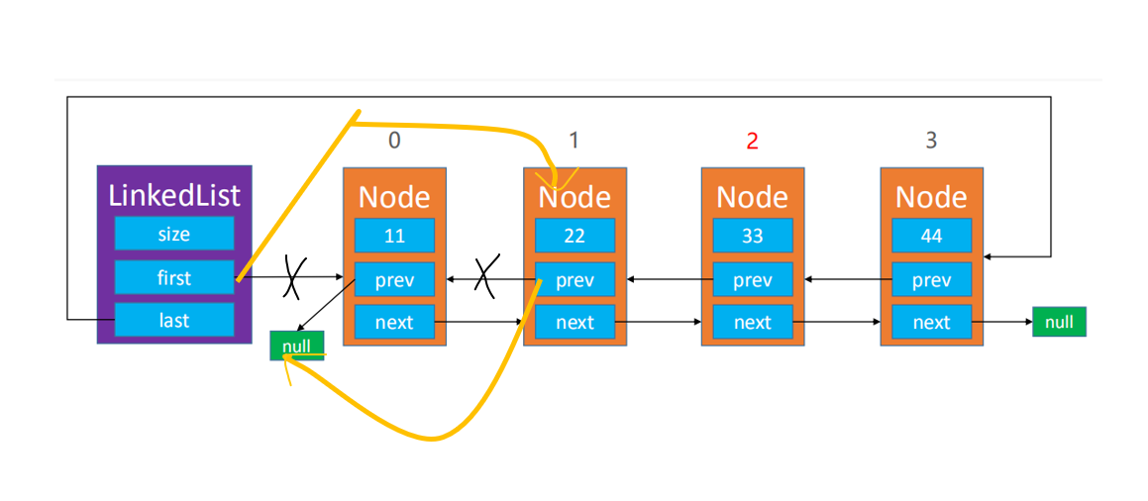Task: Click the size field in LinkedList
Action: pos(174,234)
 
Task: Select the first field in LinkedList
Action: pos(174,277)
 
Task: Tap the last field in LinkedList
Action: pos(174,320)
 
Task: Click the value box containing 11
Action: pos(394,236)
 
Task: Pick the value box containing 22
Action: pos(574,236)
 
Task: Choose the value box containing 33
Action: pos(753,236)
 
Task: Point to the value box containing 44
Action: pos(932,236)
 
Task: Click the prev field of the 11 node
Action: pos(394,279)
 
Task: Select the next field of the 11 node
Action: pos(394,322)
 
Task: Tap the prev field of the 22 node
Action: pos(574,279)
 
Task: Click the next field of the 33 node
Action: pos(753,322)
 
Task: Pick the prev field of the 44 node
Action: pos(932,279)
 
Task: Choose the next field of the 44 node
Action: pos(932,322)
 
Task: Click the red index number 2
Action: pos(753,142)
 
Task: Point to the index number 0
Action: pos(394,141)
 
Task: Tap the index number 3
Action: pos(931,141)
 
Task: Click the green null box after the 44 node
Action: pos(1060,322)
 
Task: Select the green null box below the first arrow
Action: pos(296,346)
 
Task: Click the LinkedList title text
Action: pos(174,195)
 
